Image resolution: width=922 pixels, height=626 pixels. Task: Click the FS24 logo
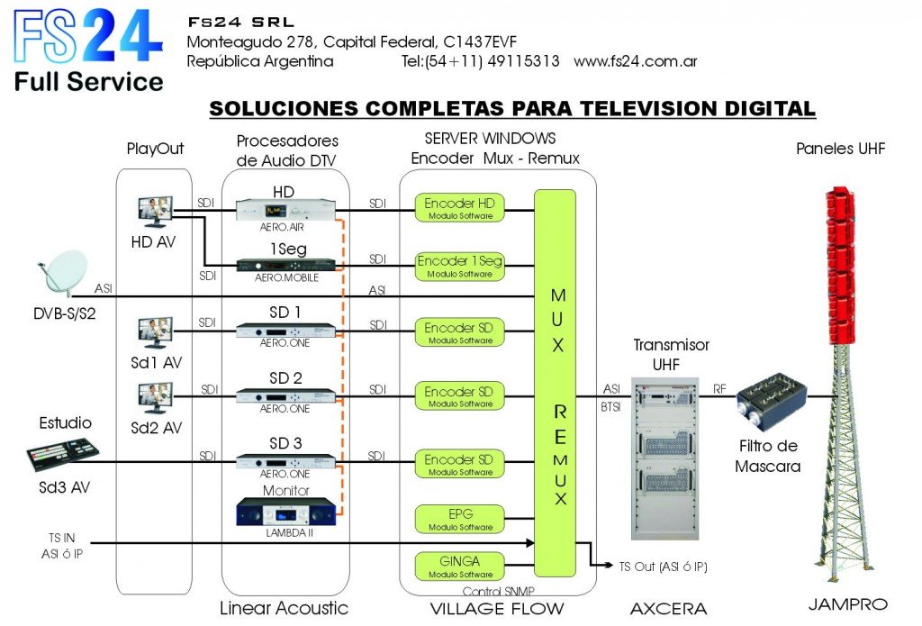point(87,49)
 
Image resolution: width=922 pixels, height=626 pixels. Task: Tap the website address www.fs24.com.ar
point(635,61)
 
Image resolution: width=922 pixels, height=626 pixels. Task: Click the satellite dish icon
point(63,271)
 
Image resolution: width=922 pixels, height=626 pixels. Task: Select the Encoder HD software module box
point(459,208)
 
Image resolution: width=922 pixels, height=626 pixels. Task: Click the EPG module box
point(459,518)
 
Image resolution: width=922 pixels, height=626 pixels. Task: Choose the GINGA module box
point(459,566)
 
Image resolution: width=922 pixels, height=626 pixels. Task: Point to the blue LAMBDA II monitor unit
point(286,513)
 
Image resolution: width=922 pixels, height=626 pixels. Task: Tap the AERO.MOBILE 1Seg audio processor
point(286,265)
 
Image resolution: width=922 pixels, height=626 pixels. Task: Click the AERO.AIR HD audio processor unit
point(286,210)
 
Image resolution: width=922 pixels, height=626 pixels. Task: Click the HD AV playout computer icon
point(155,213)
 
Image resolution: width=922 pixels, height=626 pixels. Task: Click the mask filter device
point(772,395)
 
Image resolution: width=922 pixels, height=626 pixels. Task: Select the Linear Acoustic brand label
point(284,608)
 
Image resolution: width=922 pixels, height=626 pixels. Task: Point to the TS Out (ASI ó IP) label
point(664,567)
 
